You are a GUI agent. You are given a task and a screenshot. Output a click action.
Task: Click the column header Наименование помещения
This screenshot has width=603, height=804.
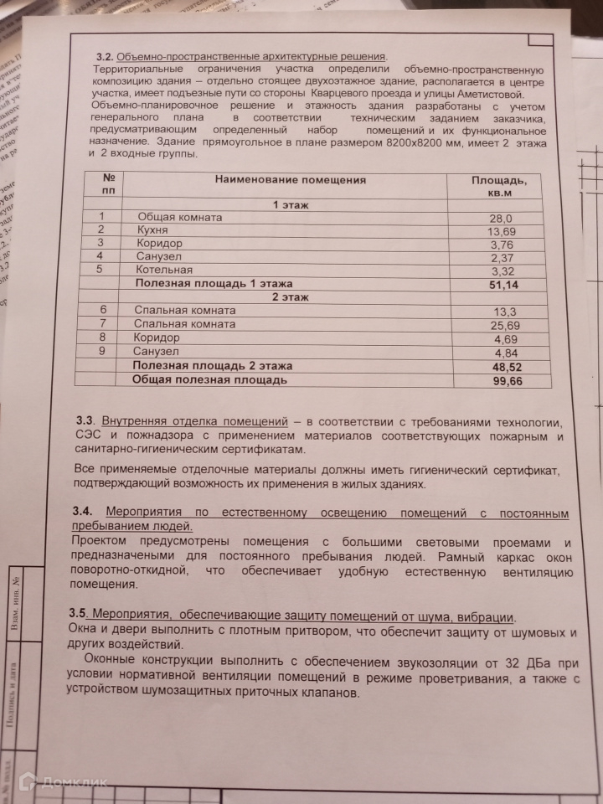291,180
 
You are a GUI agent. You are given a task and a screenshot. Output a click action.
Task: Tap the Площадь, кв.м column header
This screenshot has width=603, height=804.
498,187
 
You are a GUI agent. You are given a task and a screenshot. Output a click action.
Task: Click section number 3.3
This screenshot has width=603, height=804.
85,419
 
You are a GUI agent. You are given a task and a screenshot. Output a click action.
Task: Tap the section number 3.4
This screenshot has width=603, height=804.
84,511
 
